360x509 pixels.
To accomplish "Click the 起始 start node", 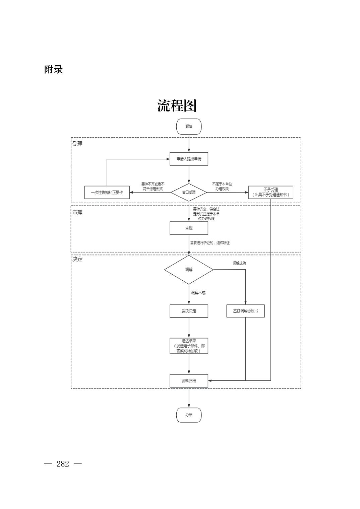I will (x=189, y=127).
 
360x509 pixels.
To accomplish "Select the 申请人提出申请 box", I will (x=189, y=159).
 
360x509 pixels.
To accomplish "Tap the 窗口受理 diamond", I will (x=189, y=193).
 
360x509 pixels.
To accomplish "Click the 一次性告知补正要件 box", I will (x=107, y=193).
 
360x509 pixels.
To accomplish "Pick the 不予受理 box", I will (x=271, y=192).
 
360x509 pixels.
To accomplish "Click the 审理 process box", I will (x=189, y=228).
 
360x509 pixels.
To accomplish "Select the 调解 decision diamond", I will (x=189, y=270).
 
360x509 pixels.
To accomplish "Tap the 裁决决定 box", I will (x=189, y=311).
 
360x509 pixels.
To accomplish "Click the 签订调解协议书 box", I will (x=245, y=311).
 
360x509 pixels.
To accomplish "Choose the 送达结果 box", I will (x=189, y=346).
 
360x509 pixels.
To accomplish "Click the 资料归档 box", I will (x=189, y=381).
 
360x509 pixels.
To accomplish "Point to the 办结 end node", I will (x=189, y=415).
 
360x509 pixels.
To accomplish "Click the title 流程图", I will (x=177, y=106).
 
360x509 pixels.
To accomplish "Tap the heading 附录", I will (x=54, y=69).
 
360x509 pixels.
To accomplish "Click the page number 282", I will (x=63, y=464).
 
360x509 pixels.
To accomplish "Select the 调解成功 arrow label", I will (x=239, y=263).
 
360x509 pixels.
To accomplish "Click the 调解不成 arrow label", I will (x=198, y=293).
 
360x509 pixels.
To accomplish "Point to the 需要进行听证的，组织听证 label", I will (x=210, y=243).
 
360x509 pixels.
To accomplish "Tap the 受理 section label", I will (x=77, y=144).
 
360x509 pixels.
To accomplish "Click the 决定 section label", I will (x=77, y=259).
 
